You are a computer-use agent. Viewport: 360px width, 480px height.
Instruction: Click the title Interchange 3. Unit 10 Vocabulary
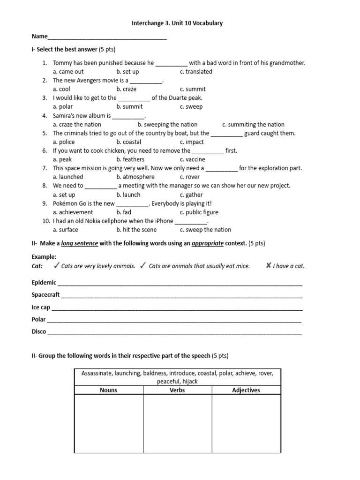pos(180,22)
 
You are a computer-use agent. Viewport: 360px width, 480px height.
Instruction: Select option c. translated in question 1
pos(195,72)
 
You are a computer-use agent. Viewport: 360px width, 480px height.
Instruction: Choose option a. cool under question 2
pos(61,89)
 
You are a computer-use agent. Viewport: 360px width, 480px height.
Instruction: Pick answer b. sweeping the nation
pos(167,124)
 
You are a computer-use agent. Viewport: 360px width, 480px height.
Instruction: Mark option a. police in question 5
pos(64,142)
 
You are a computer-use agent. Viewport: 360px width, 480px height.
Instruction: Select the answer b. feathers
pos(130,159)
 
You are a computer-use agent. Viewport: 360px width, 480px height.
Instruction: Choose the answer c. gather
pos(191,195)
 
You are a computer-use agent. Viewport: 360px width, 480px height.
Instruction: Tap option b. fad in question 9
pos(124,212)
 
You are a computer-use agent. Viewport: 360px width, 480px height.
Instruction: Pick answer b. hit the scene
pos(136,230)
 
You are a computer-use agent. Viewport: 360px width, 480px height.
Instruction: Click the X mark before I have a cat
pos(268,266)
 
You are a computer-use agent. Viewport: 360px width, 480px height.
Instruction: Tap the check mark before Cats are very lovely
pos(56,266)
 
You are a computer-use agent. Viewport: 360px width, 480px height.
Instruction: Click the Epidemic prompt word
pos(44,283)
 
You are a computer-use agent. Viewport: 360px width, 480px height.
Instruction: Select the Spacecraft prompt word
pos(45,295)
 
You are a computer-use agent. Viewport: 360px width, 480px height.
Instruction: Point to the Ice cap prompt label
pos(41,307)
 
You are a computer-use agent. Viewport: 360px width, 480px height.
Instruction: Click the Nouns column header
pos(109,390)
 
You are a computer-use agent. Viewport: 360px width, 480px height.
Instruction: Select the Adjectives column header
pos(246,390)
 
